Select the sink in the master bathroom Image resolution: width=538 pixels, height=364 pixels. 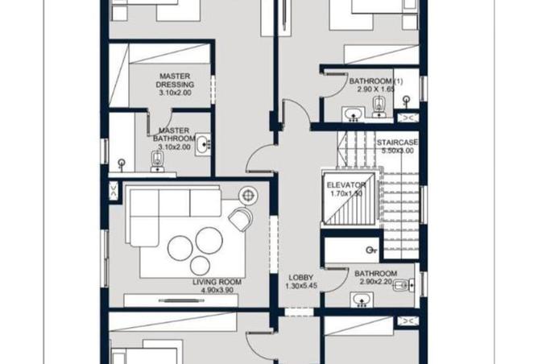tap(204, 145)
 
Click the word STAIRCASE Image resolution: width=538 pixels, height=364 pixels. tap(398, 142)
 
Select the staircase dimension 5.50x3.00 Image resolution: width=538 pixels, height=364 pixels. tap(398, 151)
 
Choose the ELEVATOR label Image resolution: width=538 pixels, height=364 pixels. tap(346, 185)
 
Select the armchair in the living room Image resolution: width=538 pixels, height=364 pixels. tap(240, 218)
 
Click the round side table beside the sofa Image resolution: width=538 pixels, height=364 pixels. tap(247, 193)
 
